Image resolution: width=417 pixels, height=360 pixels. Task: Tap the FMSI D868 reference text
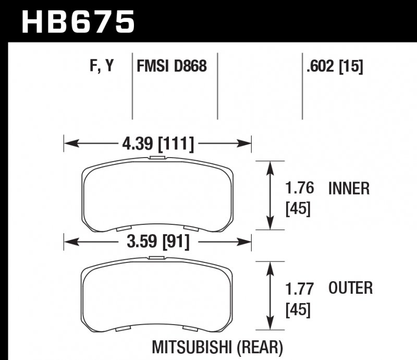click(x=171, y=66)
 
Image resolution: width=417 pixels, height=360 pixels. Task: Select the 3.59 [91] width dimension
click(x=158, y=242)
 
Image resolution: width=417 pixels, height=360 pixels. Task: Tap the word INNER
click(x=349, y=188)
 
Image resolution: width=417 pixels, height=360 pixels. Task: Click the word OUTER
click(x=351, y=288)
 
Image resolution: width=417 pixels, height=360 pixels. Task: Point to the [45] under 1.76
click(x=298, y=209)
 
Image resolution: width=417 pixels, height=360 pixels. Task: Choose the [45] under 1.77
click(x=298, y=310)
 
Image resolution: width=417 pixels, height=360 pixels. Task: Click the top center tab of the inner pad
click(x=157, y=157)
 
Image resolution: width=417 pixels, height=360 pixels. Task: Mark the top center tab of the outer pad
click(x=157, y=258)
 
